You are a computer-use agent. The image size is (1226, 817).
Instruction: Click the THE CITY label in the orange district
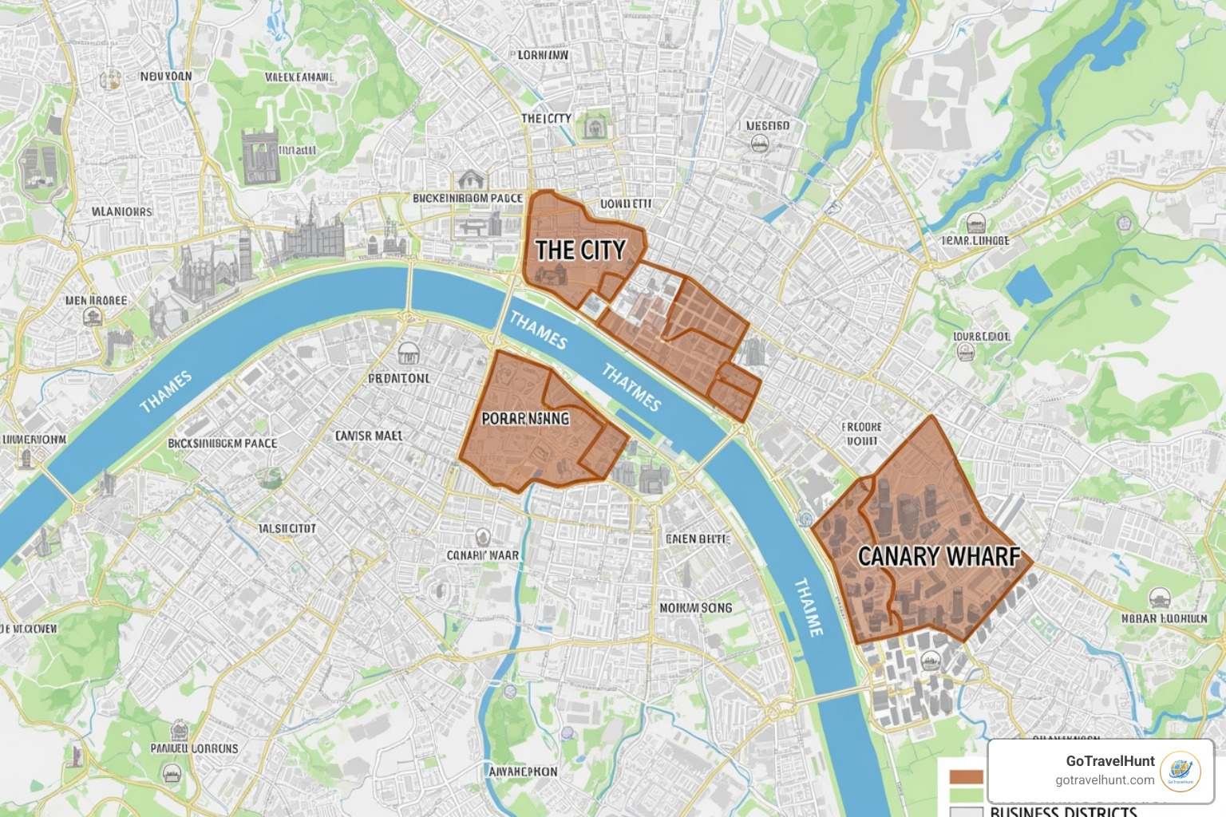580,251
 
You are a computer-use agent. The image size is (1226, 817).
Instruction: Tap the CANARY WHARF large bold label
939,556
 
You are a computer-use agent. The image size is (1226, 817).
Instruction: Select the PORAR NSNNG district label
525,418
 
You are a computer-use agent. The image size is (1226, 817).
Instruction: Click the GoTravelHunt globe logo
1180,772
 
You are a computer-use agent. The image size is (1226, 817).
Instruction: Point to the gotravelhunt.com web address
1104,780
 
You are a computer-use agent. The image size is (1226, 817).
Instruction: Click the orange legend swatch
966,777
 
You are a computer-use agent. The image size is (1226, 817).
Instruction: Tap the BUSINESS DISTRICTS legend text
1063,811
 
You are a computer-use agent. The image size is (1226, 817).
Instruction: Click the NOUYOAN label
166,77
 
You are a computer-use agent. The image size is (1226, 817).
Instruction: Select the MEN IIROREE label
97,301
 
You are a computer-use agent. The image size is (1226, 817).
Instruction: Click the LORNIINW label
543,55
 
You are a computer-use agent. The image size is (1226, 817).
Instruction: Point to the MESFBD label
768,125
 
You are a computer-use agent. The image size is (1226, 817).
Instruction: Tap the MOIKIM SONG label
695,608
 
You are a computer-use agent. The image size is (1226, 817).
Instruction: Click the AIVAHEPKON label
523,772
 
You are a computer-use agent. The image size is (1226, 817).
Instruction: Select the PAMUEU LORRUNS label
194,748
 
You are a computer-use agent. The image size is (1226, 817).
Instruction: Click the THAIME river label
808,606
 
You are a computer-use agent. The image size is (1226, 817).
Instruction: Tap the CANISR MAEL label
369,436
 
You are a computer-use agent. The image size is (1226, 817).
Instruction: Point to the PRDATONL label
399,378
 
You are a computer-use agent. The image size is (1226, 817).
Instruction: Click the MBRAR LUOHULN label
1164,618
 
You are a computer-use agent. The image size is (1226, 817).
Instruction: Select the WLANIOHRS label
122,211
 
